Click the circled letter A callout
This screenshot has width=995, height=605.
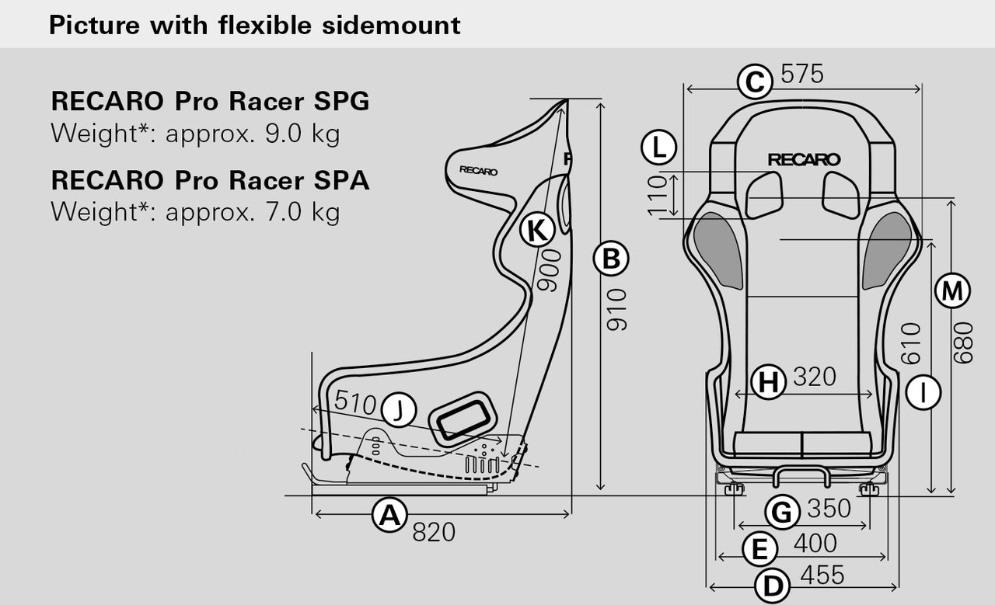[x=389, y=516]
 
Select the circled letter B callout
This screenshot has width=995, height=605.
[x=611, y=259]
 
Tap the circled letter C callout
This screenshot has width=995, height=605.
[x=754, y=82]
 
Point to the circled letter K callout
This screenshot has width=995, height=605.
[x=537, y=230]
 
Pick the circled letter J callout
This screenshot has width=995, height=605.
[x=398, y=409]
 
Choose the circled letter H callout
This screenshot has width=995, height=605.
[x=768, y=382]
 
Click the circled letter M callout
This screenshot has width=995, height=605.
[x=951, y=291]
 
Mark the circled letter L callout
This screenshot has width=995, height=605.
[x=659, y=148]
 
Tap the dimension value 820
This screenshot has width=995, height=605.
[x=433, y=533]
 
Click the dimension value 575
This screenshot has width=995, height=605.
[x=801, y=74]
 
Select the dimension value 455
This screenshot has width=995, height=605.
[x=822, y=575]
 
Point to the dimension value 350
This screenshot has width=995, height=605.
[x=829, y=509]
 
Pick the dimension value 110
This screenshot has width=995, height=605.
[x=658, y=195]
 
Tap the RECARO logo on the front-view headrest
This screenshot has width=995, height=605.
[x=804, y=159]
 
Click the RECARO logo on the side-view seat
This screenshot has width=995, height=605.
[x=478, y=171]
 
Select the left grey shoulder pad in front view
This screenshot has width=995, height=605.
[x=719, y=249]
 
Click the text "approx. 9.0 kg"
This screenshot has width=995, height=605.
[x=253, y=134]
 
